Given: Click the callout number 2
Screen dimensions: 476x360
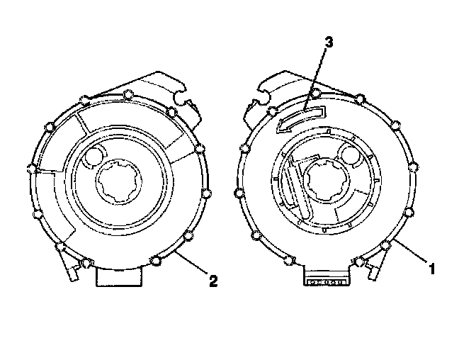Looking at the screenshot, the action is coord(211,281).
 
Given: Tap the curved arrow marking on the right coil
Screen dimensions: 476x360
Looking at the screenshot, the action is coord(298,116).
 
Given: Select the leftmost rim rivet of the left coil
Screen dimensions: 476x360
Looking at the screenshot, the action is coord(30,169).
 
